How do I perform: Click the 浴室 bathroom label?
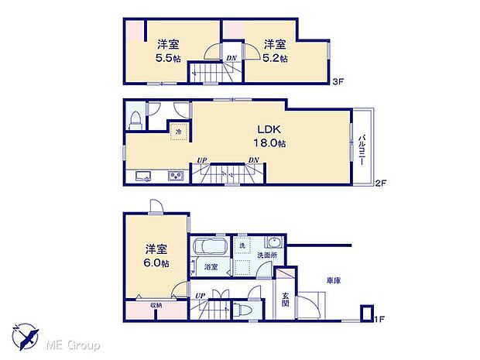211,267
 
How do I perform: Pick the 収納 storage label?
156,305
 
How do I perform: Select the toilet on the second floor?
136,119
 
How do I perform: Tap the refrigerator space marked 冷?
178,132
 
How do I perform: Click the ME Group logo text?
70,341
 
